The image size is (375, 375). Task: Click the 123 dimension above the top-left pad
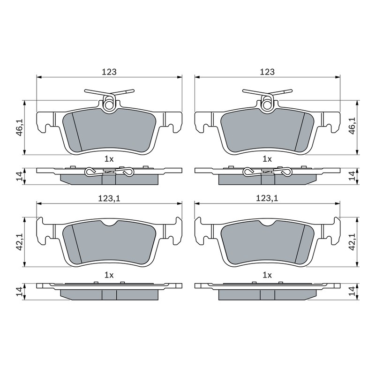click(109, 72)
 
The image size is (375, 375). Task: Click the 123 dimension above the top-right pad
click(267, 72)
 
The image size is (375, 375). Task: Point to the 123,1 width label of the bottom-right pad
click(267, 198)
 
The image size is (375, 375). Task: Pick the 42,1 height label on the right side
click(352, 241)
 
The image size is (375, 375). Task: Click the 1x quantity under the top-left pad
click(109, 159)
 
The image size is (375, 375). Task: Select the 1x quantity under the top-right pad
click(267, 159)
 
